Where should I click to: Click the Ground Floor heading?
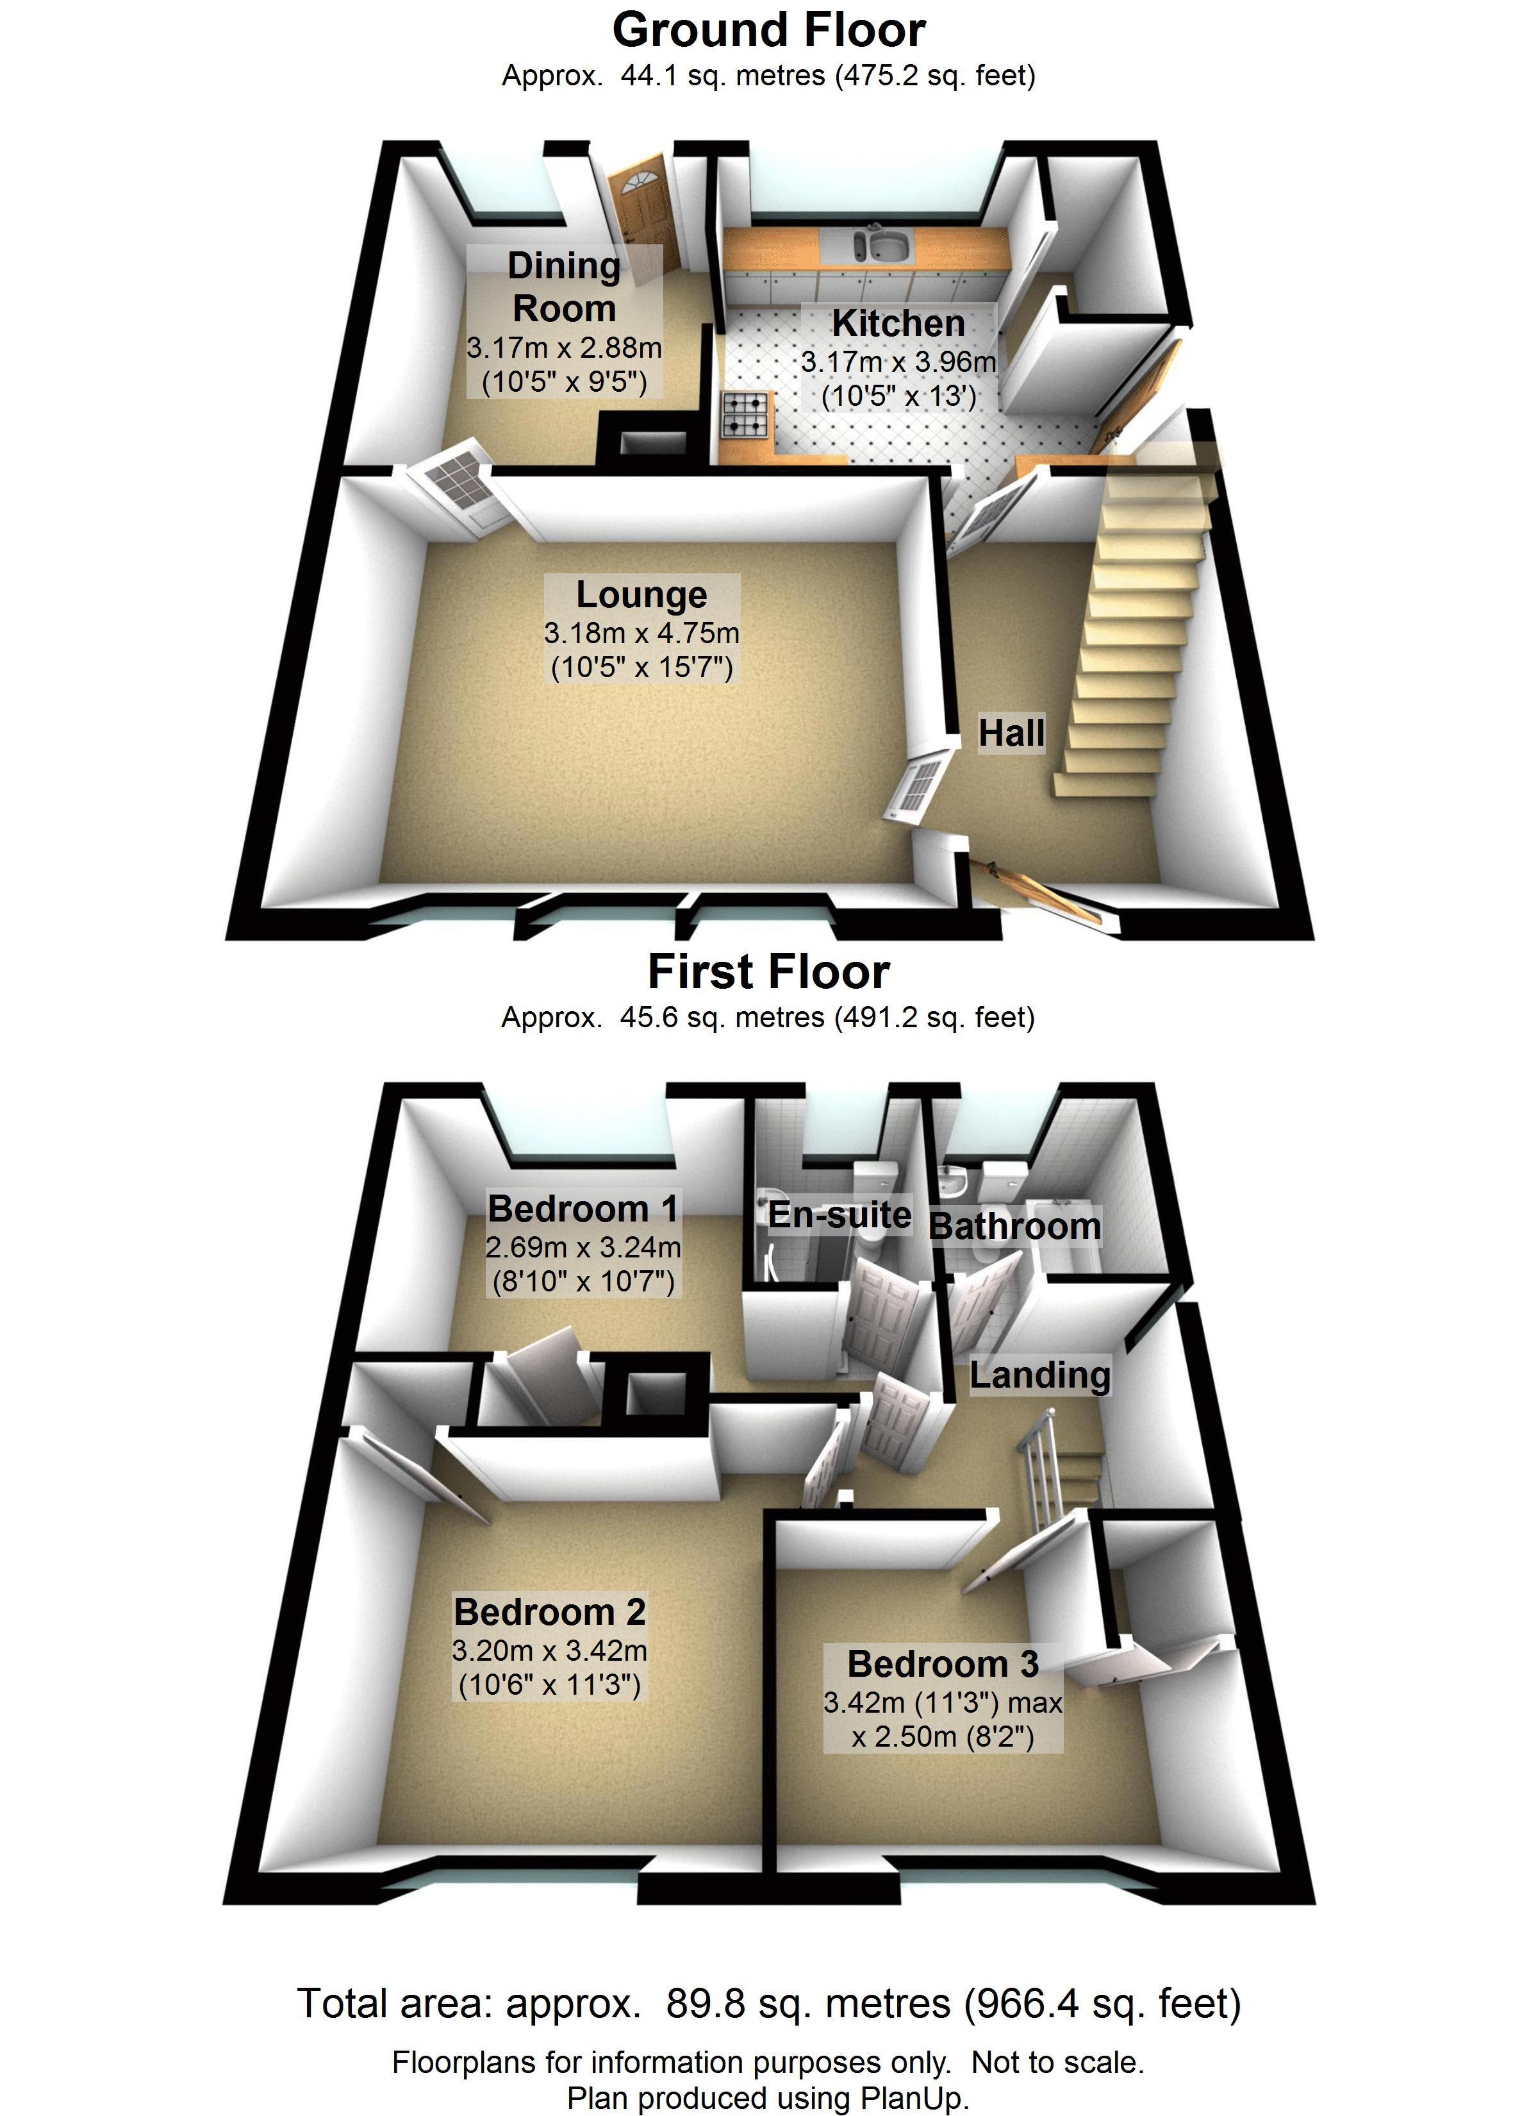(768, 30)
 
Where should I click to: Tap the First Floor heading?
(768, 972)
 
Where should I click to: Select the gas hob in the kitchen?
(746, 414)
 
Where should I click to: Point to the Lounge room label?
(641, 594)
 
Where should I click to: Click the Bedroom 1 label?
(583, 1208)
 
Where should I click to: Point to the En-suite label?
(839, 1214)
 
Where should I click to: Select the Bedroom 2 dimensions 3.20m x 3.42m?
(549, 1650)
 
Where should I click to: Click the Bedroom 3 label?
(943, 1663)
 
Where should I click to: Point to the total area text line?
(768, 2003)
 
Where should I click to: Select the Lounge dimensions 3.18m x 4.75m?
(641, 634)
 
